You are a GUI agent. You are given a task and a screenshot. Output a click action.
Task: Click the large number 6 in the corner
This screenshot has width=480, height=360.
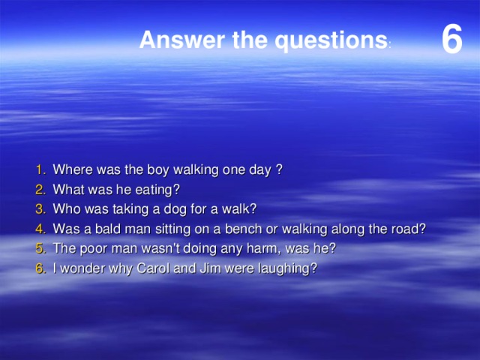451,39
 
